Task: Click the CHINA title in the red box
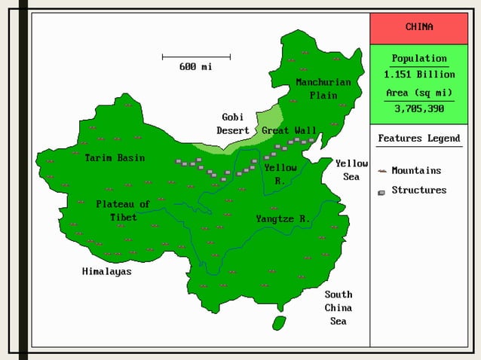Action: tap(418, 27)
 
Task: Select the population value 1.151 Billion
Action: tap(418, 75)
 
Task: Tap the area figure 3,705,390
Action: tap(418, 108)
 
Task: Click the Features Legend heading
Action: tap(418, 139)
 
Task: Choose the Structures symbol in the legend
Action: tap(382, 191)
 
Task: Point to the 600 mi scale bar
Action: tap(196, 56)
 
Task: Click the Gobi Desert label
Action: tap(233, 124)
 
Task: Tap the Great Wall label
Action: tap(289, 130)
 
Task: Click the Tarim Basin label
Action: tap(115, 158)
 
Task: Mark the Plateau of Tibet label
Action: tap(123, 210)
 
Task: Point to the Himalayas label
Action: tap(106, 271)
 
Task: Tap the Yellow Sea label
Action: tap(351, 169)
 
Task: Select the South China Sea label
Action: tap(339, 307)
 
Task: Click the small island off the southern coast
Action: tap(279, 322)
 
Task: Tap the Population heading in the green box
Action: tap(418, 59)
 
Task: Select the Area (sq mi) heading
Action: tap(418, 93)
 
